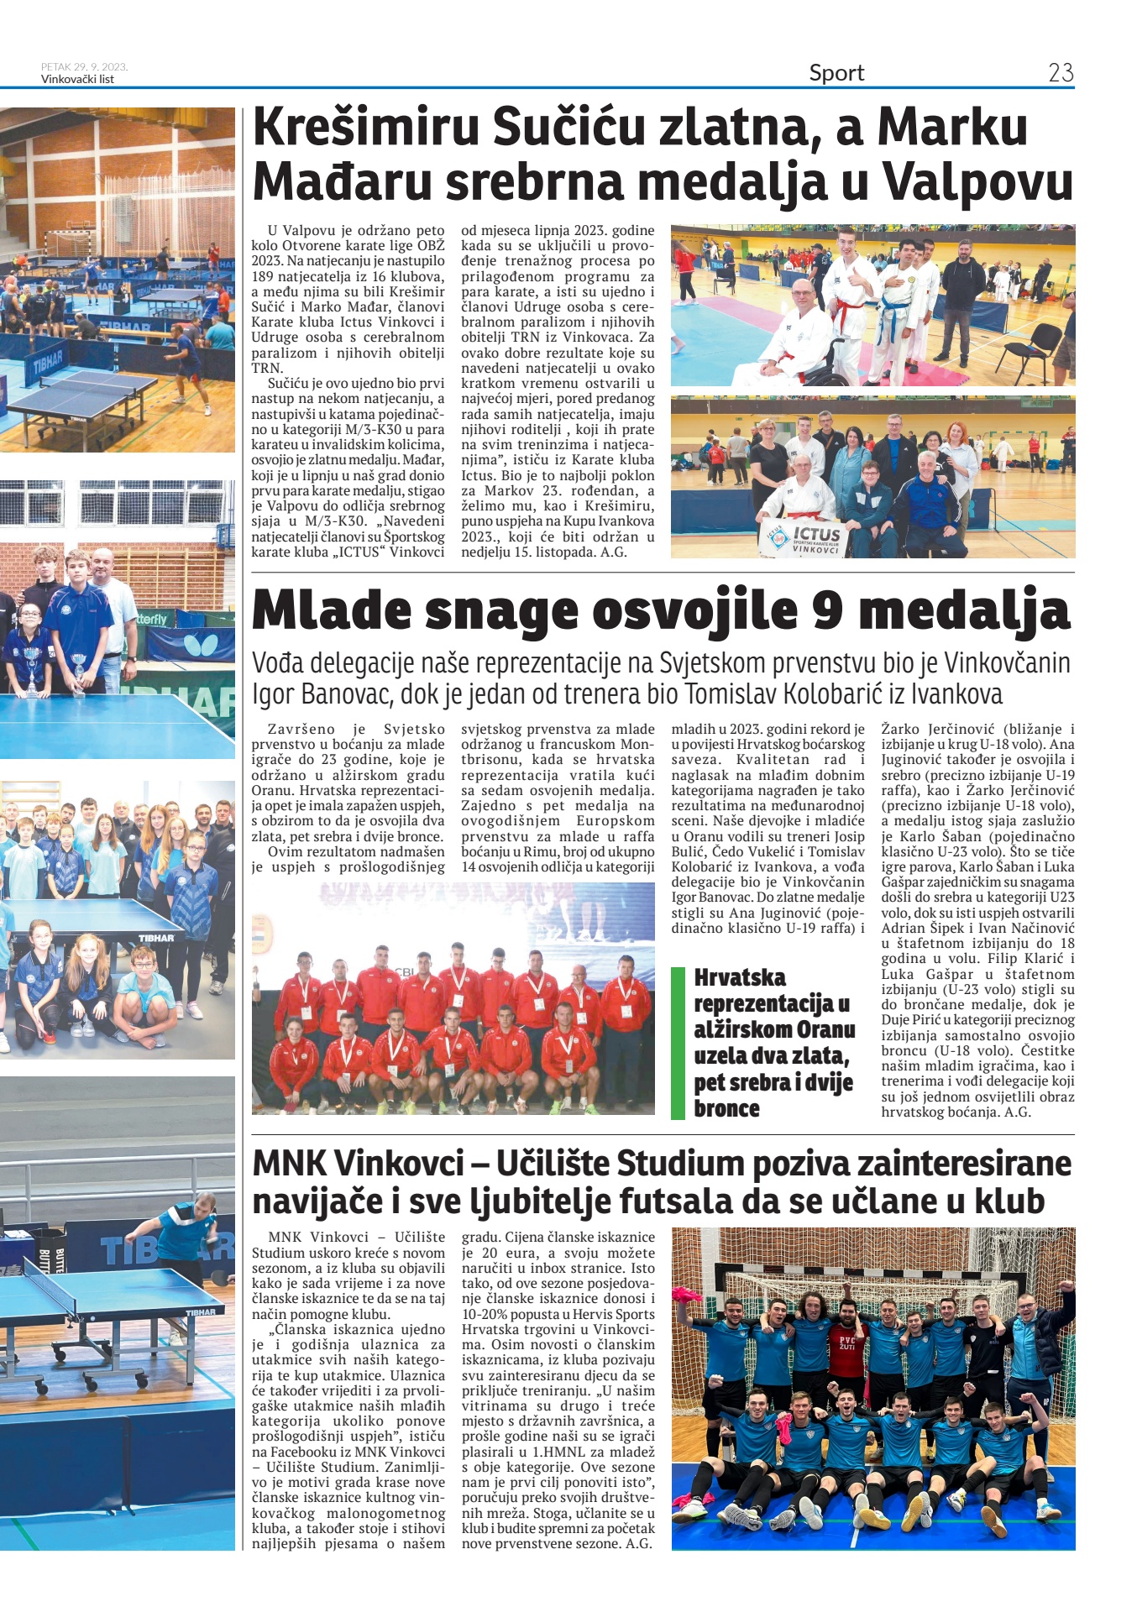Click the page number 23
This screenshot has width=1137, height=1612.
click(1061, 73)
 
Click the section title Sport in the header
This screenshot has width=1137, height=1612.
click(836, 73)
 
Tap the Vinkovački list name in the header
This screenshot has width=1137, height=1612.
click(77, 80)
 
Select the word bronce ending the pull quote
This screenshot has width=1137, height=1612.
click(726, 1108)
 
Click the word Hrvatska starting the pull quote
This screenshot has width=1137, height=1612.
click(740, 977)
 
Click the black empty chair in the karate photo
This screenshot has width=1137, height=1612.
click(1036, 346)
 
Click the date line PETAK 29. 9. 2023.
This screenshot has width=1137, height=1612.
click(84, 66)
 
